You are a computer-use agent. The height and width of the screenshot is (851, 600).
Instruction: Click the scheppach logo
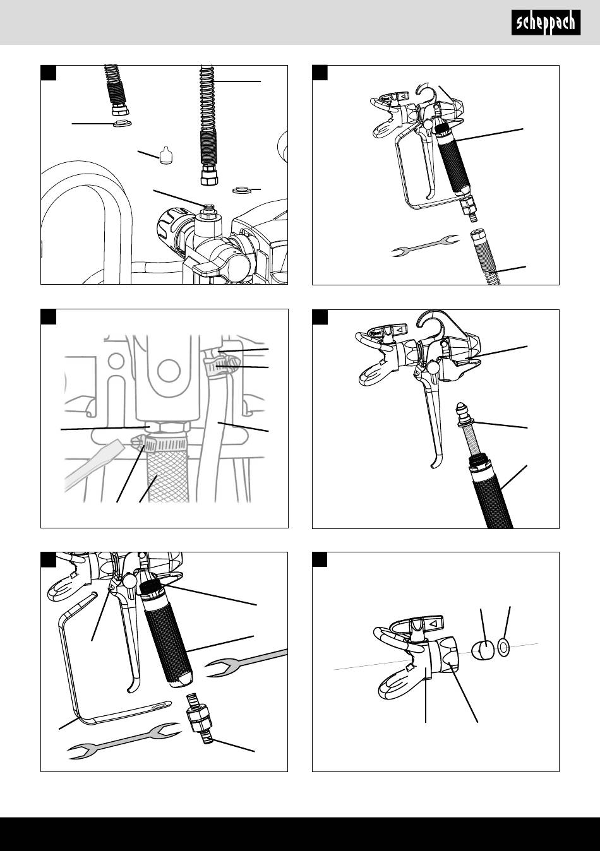tap(546, 23)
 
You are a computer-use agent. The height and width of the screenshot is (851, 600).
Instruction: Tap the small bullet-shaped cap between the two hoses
tap(165, 155)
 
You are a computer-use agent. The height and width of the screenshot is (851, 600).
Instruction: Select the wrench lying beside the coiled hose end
tap(426, 246)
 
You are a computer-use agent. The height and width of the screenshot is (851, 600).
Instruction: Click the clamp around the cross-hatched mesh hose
tap(160, 444)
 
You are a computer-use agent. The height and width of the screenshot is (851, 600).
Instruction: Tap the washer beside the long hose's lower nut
tap(241, 189)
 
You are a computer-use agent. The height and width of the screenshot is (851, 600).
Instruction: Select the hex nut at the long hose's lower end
tap(208, 176)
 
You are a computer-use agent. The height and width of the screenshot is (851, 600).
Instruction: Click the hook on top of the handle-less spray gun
tap(431, 321)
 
